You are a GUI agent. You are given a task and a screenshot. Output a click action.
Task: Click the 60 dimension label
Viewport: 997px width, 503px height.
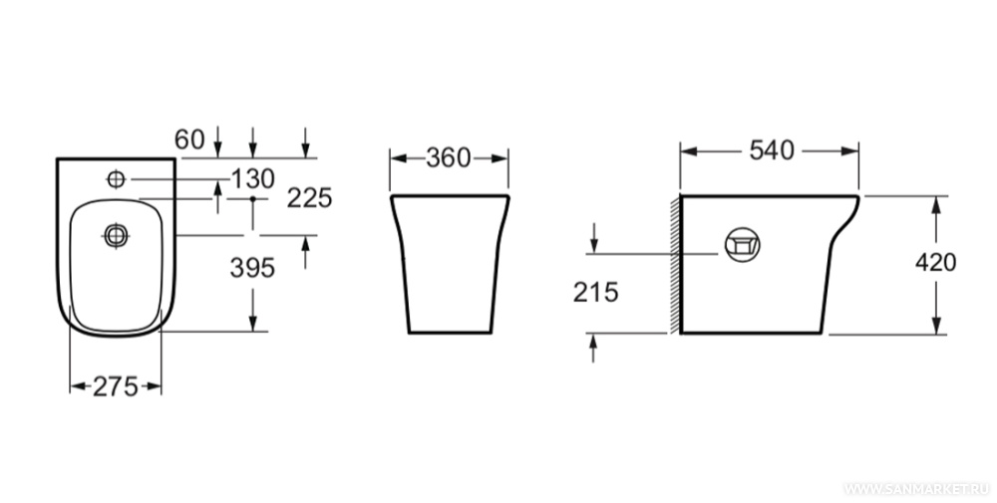coord(189,139)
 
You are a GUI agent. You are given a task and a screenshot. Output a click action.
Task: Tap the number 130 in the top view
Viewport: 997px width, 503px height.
coord(252,179)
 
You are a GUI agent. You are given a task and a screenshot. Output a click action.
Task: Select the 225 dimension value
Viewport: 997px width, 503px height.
coord(309,199)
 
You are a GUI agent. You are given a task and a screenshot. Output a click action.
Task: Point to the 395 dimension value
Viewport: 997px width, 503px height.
coord(252,268)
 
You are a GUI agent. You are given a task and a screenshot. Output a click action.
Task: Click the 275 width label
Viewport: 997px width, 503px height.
coord(115,386)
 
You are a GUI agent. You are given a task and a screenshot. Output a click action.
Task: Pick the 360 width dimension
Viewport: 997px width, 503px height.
coord(449,158)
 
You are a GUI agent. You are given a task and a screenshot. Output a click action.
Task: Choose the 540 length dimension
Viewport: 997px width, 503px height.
coord(772,150)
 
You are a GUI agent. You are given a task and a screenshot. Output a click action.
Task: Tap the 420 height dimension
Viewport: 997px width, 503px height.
coord(935,262)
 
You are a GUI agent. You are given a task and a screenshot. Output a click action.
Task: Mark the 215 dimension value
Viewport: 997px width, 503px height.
coord(596,292)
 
